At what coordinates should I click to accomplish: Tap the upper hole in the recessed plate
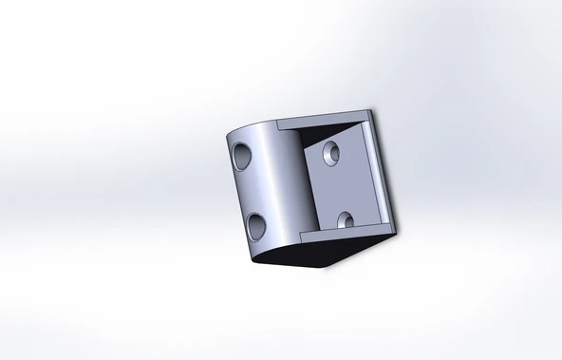(x=331, y=151)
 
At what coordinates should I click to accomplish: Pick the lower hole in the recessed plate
(x=345, y=221)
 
